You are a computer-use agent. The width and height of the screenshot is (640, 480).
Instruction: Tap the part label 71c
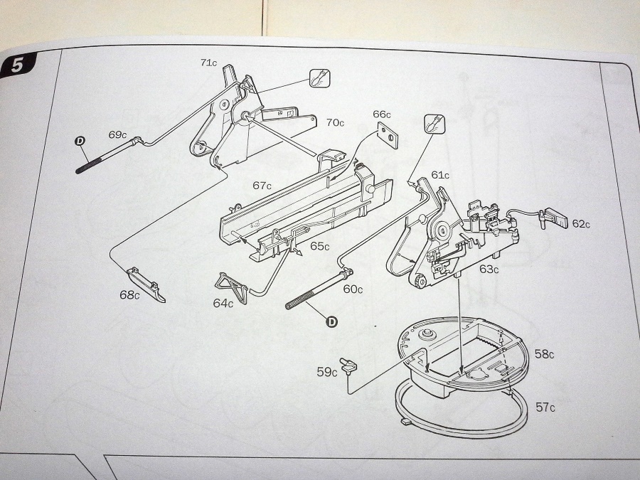pos(208,63)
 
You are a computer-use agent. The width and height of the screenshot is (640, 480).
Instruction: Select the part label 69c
pos(117,134)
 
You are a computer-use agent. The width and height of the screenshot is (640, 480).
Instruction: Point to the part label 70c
pos(335,122)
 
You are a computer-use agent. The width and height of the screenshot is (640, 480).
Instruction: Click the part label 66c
pos(382,114)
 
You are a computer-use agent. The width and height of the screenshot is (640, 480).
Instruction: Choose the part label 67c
pos(262,186)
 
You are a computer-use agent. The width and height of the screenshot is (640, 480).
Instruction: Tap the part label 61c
pos(439,175)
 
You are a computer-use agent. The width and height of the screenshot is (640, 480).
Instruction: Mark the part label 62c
pos(581,223)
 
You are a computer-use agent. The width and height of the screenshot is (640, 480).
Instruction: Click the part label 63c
pos(489,270)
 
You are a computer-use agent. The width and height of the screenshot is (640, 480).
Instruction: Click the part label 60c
pos(353,289)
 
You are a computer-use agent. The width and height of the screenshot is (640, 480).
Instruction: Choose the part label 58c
pos(544,353)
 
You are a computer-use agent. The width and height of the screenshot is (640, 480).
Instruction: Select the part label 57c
pos(545,407)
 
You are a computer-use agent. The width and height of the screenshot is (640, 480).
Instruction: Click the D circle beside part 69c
pos(80,142)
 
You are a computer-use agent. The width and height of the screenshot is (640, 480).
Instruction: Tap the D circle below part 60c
pos(331,321)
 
